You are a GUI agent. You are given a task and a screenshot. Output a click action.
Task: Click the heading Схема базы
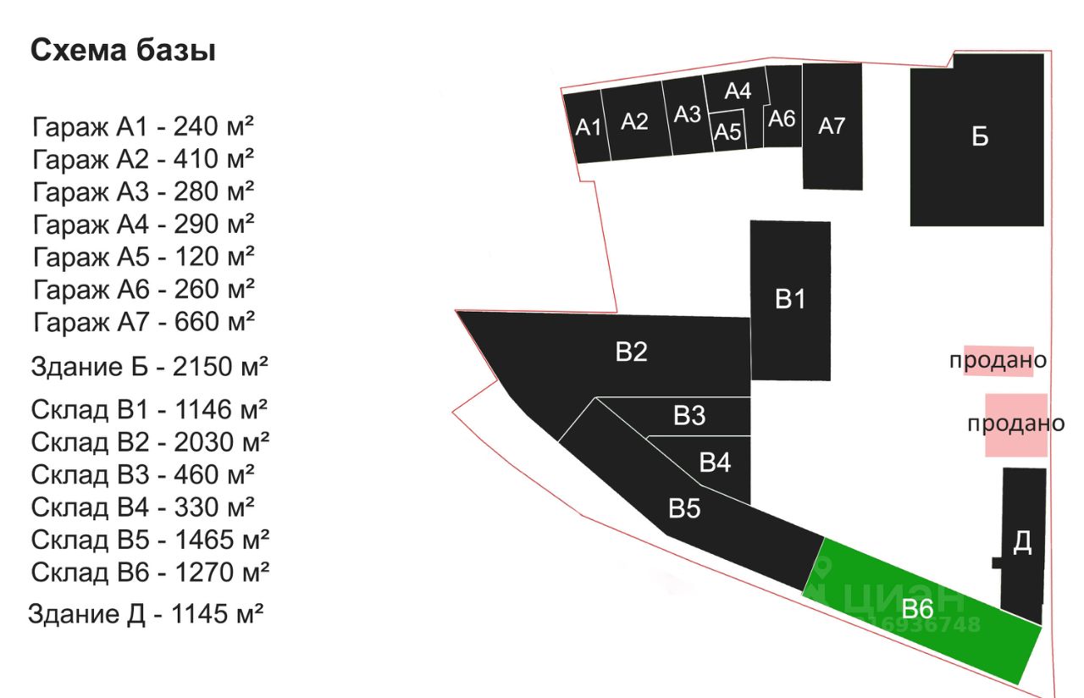pyautogui.click(x=123, y=50)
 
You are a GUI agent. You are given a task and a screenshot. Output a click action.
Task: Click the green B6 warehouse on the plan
pyautogui.click(x=922, y=611)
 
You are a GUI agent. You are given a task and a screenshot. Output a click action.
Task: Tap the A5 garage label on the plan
pyautogui.click(x=727, y=131)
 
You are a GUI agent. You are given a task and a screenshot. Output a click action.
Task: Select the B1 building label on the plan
pyautogui.click(x=790, y=299)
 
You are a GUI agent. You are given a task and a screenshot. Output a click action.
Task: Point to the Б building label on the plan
pyautogui.click(x=980, y=136)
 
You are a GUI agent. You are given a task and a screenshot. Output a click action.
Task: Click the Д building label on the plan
pyautogui.click(x=1022, y=542)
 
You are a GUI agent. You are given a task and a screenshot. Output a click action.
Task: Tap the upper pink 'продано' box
pyautogui.click(x=998, y=361)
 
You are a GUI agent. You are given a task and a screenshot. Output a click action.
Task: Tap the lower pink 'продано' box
pyautogui.click(x=1017, y=425)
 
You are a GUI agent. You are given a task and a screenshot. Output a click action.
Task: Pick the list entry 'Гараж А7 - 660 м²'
pyautogui.click(x=144, y=322)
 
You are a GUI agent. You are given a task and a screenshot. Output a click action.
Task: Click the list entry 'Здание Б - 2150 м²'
pyautogui.click(x=149, y=367)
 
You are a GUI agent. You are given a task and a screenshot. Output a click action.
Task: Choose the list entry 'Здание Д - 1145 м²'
pyautogui.click(x=146, y=614)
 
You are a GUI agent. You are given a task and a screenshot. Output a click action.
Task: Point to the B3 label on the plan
pyautogui.click(x=689, y=415)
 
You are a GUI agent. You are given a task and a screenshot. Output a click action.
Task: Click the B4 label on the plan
pyautogui.click(x=715, y=463)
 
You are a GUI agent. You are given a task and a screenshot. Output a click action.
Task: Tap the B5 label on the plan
pyautogui.click(x=684, y=509)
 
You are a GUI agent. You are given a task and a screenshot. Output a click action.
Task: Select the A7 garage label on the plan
pyautogui.click(x=832, y=126)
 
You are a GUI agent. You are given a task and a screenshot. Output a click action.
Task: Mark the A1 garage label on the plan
pyautogui.click(x=588, y=127)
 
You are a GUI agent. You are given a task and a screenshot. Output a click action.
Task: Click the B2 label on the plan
pyautogui.click(x=632, y=352)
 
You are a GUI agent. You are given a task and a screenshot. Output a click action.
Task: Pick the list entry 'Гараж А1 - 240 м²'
pyautogui.click(x=143, y=127)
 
